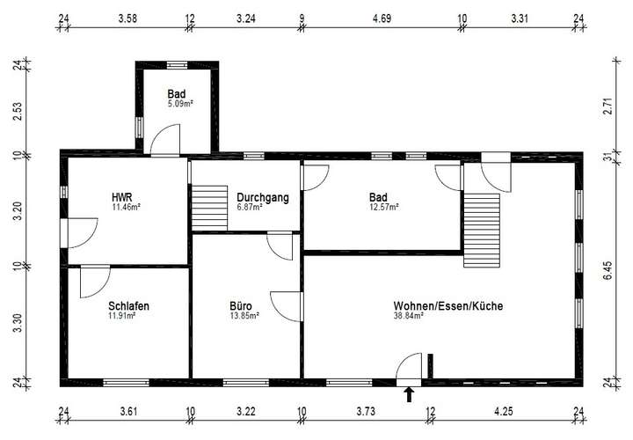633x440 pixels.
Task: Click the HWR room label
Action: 122,197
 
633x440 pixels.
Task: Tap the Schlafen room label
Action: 128,305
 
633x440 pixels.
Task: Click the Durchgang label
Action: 262,197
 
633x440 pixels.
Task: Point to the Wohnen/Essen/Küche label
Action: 448,305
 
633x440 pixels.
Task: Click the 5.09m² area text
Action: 180,103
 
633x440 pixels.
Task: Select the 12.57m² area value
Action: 384,207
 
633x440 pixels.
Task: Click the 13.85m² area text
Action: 244,315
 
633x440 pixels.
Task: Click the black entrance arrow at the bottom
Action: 409,394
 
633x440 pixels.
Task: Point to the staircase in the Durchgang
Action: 209,207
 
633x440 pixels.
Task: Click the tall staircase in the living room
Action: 481,231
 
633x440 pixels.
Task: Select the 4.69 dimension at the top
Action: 382,17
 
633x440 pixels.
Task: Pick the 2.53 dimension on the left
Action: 17,112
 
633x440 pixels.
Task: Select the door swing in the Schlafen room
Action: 93,282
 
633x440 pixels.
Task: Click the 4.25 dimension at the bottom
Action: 504,410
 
